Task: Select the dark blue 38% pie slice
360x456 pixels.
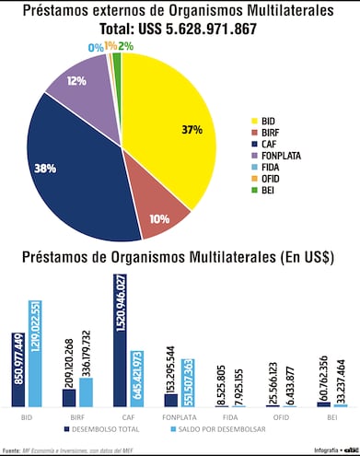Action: tap(78, 175)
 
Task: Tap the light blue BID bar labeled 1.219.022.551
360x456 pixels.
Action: tap(35, 354)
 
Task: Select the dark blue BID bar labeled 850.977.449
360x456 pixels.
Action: tap(18, 369)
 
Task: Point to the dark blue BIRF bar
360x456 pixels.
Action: tap(69, 397)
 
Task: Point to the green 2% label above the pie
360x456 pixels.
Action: tap(124, 45)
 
